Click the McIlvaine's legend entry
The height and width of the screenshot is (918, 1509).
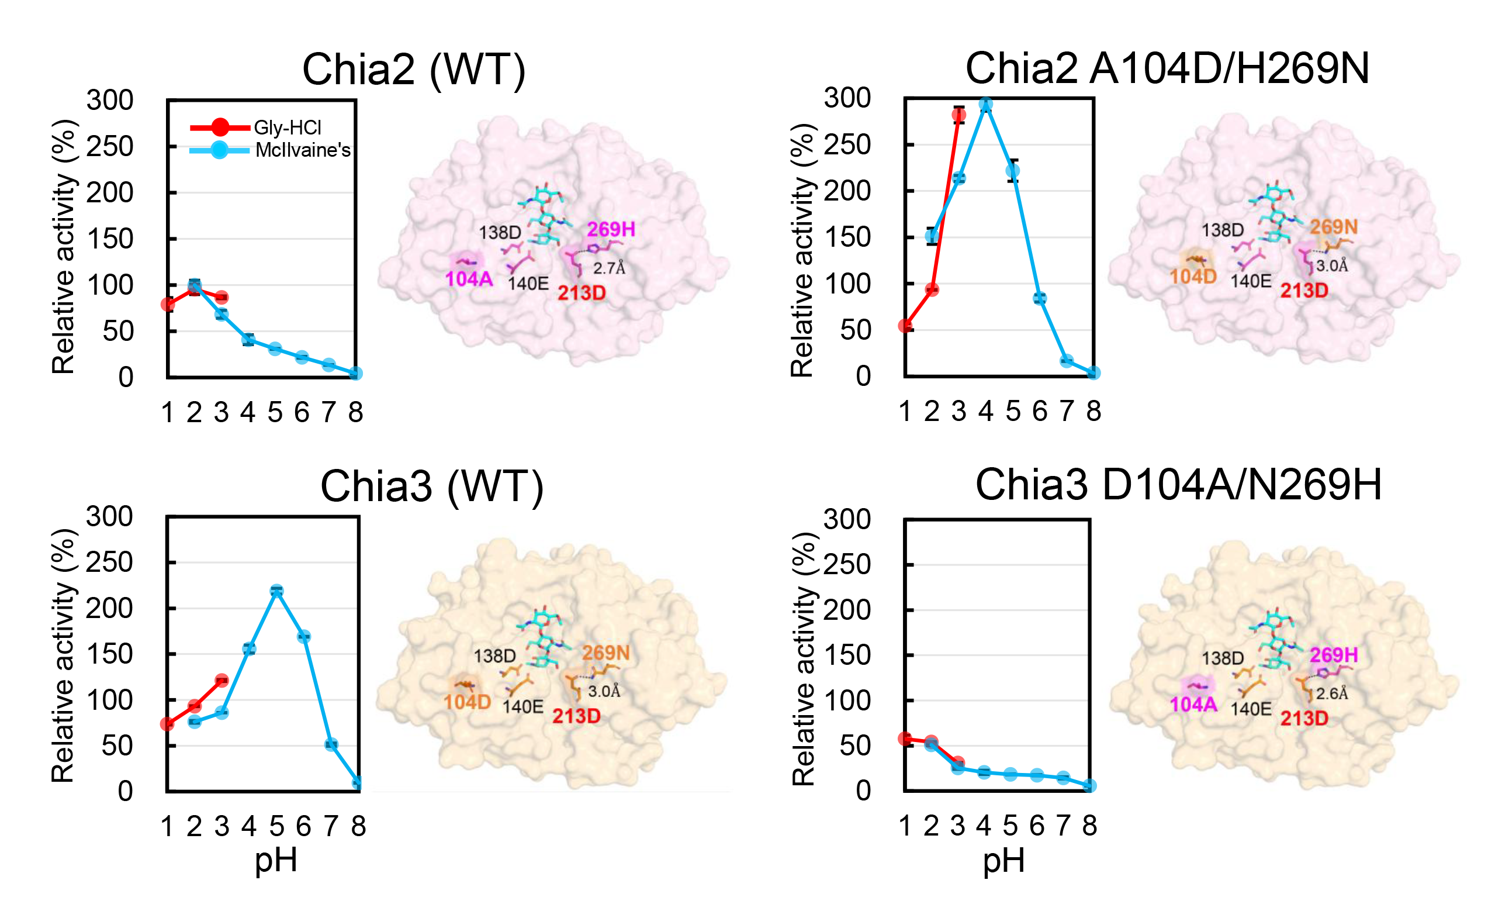[x=270, y=150]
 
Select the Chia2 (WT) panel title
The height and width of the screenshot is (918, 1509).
[x=414, y=70]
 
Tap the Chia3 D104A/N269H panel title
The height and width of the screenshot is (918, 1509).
[x=1178, y=485]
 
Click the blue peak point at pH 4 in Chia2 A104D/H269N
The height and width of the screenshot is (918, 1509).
[x=985, y=105]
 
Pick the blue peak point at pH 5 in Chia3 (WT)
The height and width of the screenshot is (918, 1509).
[x=277, y=591]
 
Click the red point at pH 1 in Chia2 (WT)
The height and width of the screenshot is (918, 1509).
[x=168, y=305]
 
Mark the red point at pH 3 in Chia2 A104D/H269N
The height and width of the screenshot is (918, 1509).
[x=959, y=115]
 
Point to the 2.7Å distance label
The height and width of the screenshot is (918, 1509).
[x=609, y=268]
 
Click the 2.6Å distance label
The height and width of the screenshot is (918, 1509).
[x=1332, y=693]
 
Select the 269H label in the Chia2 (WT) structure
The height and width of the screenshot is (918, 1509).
[x=611, y=229]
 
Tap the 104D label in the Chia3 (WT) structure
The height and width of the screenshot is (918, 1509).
[x=468, y=702]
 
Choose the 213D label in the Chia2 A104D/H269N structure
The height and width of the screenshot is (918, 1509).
[x=1304, y=291]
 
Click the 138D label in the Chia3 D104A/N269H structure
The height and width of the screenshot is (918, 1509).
[x=1223, y=658]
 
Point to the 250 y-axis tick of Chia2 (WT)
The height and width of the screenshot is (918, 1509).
[x=110, y=146]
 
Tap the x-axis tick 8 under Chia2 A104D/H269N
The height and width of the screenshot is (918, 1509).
[x=1094, y=411]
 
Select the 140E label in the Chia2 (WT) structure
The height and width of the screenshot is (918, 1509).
[x=528, y=284]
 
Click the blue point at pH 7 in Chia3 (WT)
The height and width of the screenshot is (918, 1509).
[x=331, y=744]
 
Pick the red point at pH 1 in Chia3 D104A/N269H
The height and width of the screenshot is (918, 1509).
[x=905, y=738]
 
